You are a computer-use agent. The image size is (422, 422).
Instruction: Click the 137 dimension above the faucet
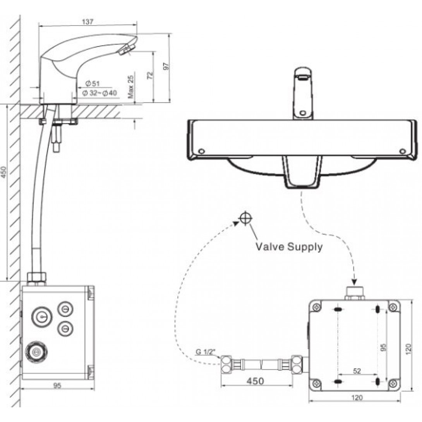88,22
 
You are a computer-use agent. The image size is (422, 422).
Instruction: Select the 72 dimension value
151,75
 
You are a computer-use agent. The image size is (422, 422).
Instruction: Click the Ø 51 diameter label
93,84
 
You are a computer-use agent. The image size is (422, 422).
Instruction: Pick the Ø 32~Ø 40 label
99,93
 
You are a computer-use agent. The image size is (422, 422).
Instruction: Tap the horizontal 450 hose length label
255,381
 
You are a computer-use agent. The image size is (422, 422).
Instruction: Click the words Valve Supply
288,247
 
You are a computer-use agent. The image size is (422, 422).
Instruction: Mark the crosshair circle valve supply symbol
245,218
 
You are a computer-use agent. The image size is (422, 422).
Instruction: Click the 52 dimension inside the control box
357,371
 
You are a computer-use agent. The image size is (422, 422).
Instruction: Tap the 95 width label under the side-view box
57,386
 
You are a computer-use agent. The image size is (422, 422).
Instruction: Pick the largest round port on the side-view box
37,352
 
